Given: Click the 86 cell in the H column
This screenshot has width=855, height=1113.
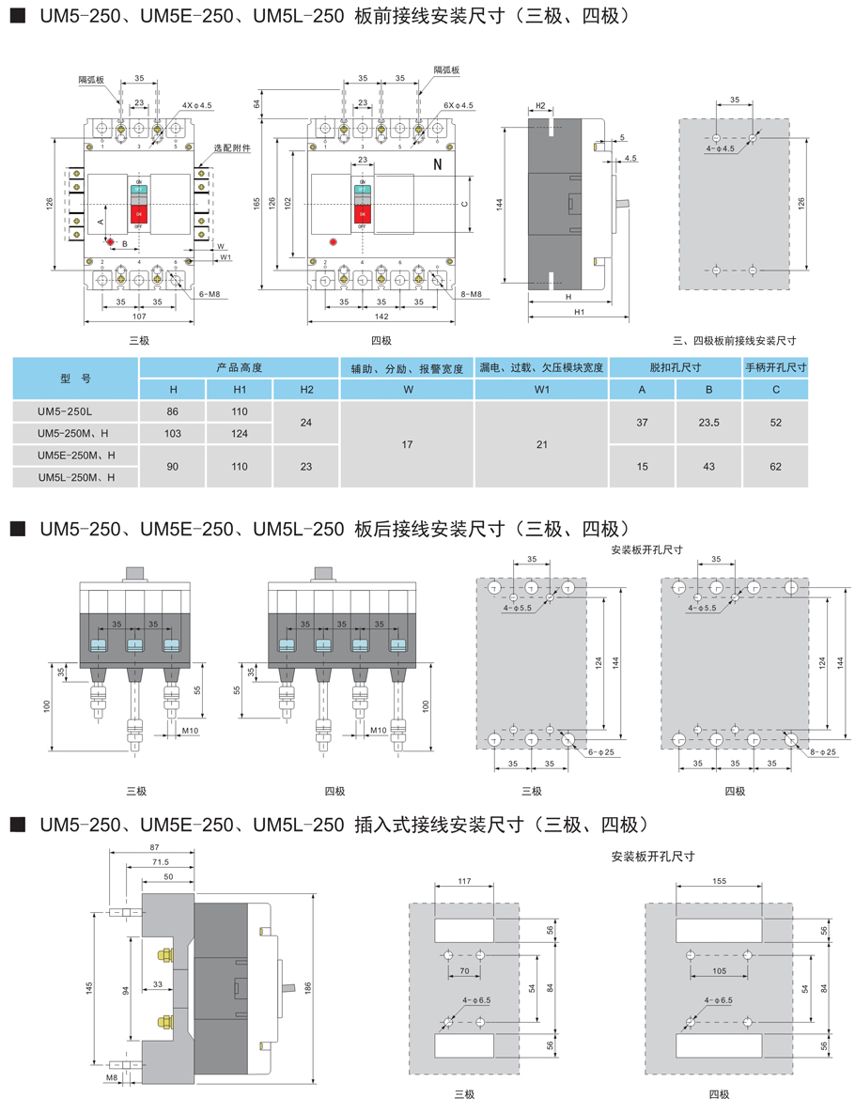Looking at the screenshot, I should [x=173, y=410].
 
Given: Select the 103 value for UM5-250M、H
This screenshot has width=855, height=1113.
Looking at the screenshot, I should [x=173, y=432].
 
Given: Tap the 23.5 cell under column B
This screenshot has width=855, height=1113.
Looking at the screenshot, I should [x=709, y=423].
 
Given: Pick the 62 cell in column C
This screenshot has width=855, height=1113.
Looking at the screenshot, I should [x=775, y=466].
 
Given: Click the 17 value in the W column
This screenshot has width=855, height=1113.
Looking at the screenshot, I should [x=408, y=444].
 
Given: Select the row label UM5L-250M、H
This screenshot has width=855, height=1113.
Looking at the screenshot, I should [x=76, y=477].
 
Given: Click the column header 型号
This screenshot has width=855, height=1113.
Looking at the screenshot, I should [x=74, y=378].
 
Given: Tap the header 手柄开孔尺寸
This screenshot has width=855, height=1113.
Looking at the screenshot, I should [x=776, y=367].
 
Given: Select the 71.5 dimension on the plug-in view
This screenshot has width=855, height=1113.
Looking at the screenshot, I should [x=161, y=861].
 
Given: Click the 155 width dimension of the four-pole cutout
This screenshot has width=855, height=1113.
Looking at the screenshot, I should [x=719, y=882].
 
